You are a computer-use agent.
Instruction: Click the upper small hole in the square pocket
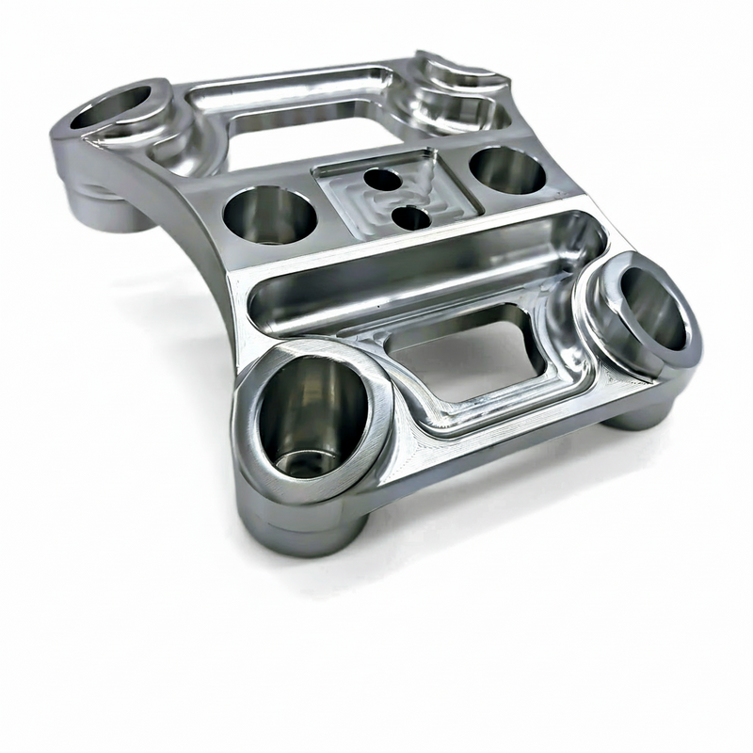click(x=381, y=178)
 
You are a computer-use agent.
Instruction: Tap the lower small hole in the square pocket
click(x=411, y=217)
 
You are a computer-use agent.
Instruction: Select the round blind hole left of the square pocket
click(x=269, y=215)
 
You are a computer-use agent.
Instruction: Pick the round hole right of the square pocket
click(x=505, y=169)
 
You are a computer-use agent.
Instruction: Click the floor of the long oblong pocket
click(x=414, y=282)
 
